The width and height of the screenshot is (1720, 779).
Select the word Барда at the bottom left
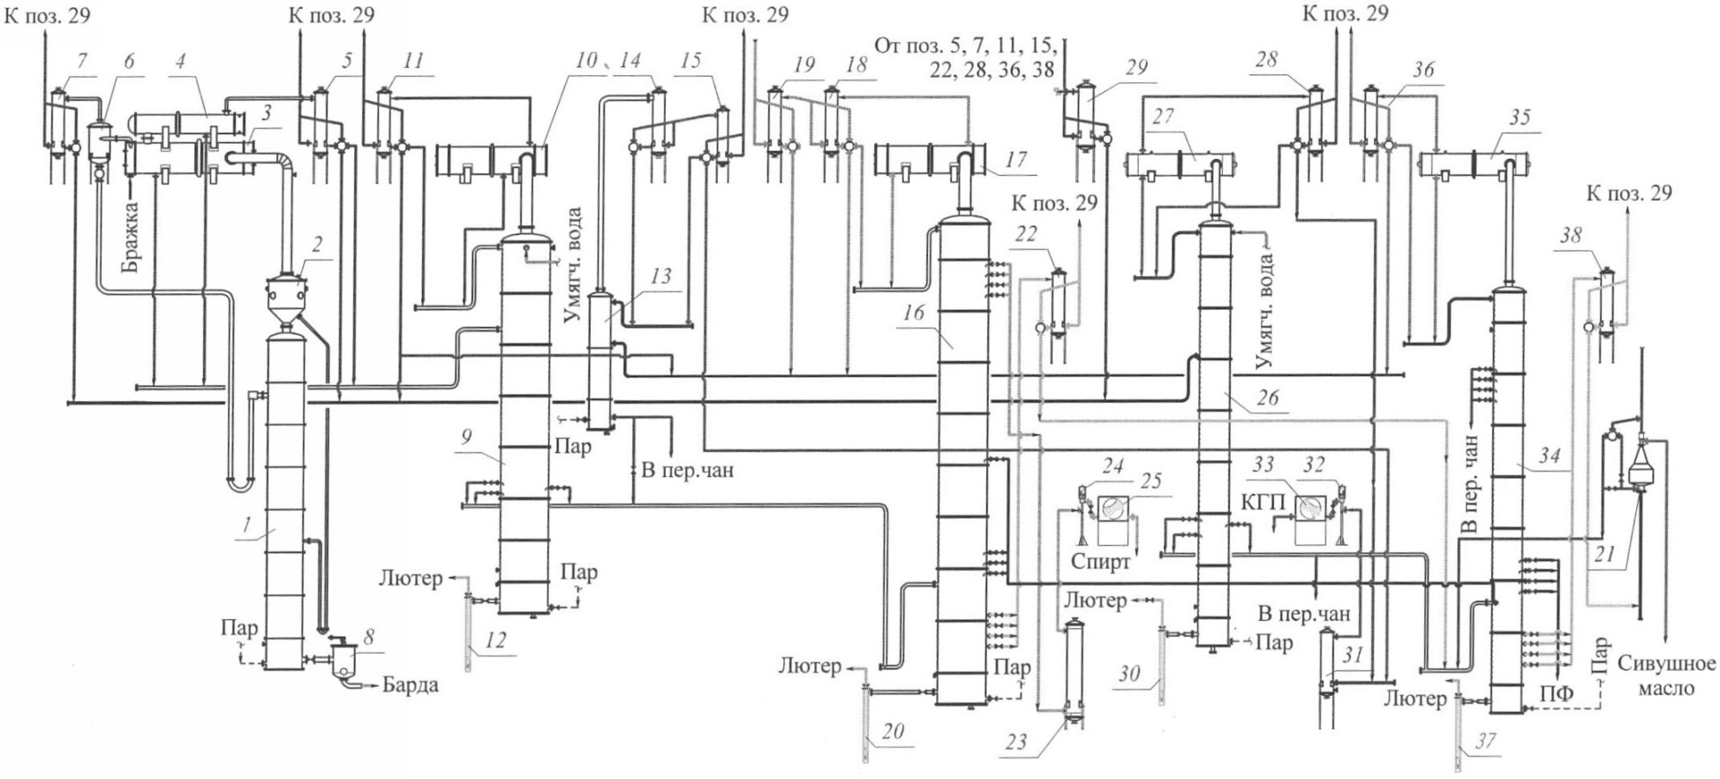tap(411, 686)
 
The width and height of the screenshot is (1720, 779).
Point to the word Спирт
tap(1101, 561)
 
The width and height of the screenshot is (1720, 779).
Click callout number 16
tap(912, 312)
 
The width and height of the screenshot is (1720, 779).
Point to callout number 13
tap(658, 276)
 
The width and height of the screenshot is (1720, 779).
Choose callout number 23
tap(1016, 742)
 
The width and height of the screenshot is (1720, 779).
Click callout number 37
tap(1485, 741)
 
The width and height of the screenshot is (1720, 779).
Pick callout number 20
tap(893, 730)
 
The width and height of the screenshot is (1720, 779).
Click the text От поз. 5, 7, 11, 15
tap(966, 45)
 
